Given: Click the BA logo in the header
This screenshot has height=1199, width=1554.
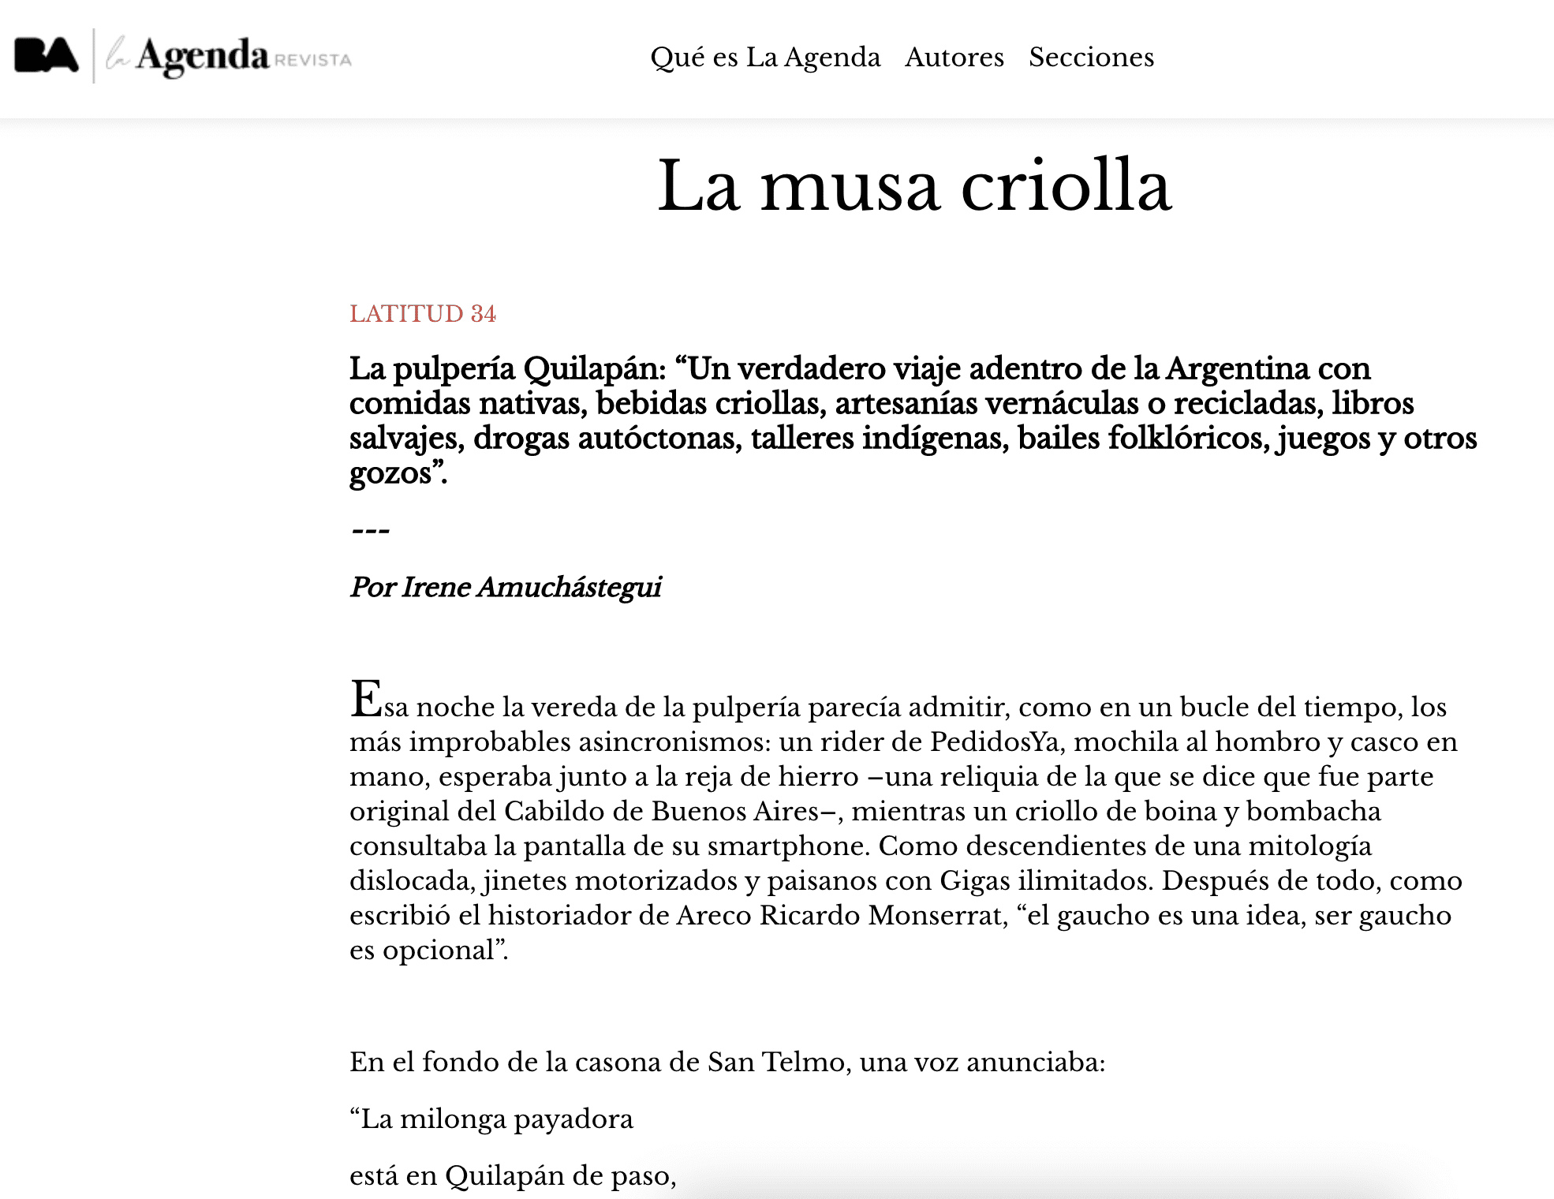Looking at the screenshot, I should (47, 56).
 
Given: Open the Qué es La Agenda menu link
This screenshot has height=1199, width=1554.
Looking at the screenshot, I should (764, 58).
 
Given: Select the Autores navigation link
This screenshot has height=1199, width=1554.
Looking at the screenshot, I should (954, 58).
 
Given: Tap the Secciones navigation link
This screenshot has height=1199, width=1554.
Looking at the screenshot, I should (1091, 58).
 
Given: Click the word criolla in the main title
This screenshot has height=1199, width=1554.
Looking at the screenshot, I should (1066, 186).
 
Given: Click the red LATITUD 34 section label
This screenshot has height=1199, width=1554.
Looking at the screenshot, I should (423, 314).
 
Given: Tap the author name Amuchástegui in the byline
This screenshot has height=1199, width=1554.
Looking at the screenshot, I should (569, 588).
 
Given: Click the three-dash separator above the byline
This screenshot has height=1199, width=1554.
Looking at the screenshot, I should (370, 531).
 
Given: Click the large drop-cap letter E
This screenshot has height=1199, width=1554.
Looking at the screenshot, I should (366, 700).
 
